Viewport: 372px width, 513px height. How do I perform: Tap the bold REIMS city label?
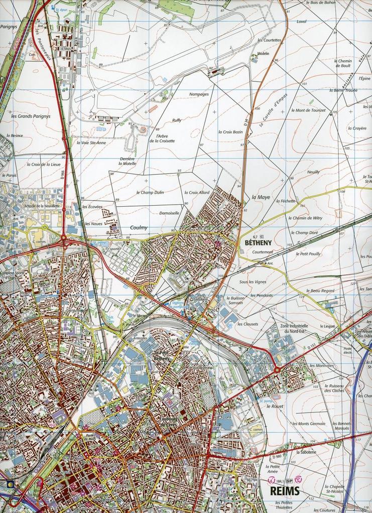tap(285, 490)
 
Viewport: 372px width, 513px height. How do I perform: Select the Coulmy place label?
tap(139, 227)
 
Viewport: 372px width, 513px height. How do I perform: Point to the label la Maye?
tap(261, 198)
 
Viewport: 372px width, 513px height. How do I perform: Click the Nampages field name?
tap(199, 94)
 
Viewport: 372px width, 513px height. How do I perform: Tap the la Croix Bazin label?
tap(230, 132)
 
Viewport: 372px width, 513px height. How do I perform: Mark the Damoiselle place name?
tap(169, 213)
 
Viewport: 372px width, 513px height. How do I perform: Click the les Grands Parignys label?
tap(31, 116)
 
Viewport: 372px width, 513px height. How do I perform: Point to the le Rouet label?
tap(275, 406)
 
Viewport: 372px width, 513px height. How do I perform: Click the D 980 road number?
tap(276, 457)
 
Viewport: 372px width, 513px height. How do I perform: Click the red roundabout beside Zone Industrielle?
tap(277, 370)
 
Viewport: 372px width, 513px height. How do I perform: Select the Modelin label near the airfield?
tap(263, 53)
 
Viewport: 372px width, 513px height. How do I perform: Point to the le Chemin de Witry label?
tap(307, 218)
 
